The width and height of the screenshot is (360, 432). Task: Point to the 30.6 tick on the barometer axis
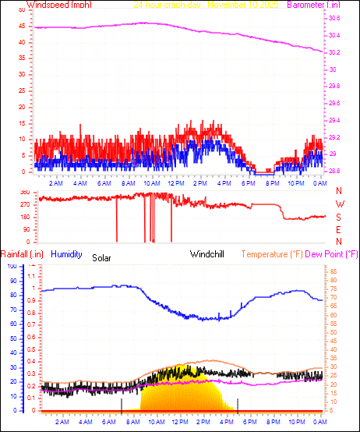click(x=334, y=36)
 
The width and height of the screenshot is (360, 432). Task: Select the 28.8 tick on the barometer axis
click(x=334, y=171)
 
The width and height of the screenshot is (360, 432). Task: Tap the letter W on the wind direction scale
click(x=339, y=204)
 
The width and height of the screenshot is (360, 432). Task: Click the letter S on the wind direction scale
click(x=338, y=217)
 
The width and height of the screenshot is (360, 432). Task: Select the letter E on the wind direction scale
click(x=338, y=229)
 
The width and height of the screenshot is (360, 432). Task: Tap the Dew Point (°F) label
click(x=341, y=254)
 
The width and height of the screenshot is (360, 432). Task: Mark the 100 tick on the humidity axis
click(x=12, y=267)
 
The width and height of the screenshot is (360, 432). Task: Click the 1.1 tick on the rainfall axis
click(x=32, y=276)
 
